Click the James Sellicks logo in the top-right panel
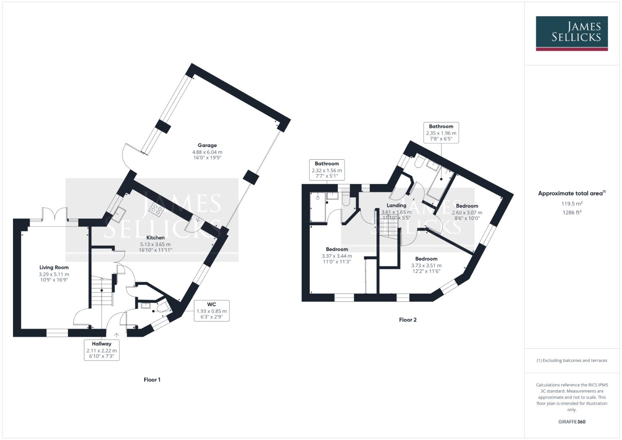point(571,33)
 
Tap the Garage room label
point(207,151)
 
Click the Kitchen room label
point(155,244)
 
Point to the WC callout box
point(211,310)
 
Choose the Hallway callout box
point(101,350)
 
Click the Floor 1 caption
point(152,380)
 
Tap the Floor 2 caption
point(408,320)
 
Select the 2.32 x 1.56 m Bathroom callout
point(327,170)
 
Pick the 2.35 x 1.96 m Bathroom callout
point(441,133)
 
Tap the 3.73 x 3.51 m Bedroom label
point(426,265)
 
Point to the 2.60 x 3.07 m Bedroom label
point(467,212)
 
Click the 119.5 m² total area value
point(571,203)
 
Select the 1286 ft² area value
point(571,212)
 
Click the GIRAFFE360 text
point(571,422)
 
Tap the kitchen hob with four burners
point(156,209)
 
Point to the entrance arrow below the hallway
point(116,335)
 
